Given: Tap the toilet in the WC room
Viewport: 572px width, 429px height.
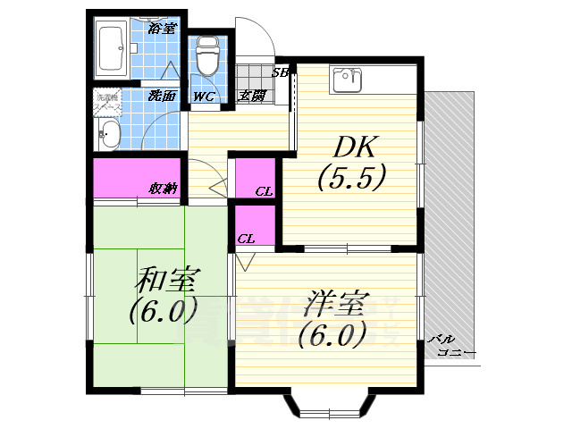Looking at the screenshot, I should tap(207, 56).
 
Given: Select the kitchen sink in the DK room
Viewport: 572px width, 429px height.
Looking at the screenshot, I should tap(347, 81).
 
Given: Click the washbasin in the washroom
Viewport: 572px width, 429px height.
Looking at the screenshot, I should tap(108, 136).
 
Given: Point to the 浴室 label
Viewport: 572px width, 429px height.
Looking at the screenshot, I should tap(162, 28).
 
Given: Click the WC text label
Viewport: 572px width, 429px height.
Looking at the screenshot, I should tap(203, 97).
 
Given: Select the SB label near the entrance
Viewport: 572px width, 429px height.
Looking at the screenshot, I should tap(280, 73).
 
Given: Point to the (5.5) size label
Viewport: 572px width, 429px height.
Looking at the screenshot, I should tap(350, 178).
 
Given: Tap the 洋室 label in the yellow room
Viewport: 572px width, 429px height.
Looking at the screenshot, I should tap(332, 305).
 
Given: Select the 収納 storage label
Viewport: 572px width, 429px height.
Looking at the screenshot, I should tap(163, 189).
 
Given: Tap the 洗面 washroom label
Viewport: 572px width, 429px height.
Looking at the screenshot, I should tap(161, 97).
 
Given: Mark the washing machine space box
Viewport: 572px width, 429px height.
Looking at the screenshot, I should tap(106, 102).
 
